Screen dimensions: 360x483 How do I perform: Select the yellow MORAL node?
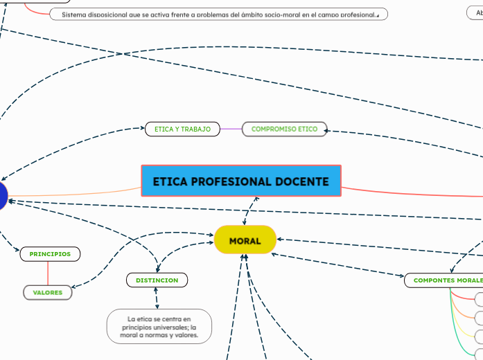[x=245, y=240]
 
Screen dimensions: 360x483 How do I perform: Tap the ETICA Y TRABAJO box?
[x=182, y=129]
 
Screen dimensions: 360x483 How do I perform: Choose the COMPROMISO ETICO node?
[x=284, y=129]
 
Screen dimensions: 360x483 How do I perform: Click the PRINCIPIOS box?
[x=50, y=254]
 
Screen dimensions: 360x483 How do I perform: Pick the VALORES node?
[x=48, y=292]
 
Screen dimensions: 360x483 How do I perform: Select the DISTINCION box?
[x=157, y=280]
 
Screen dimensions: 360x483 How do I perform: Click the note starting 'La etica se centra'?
[x=159, y=327]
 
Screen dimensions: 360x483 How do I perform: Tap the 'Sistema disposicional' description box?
[x=218, y=14]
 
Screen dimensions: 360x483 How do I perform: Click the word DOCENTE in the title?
[x=302, y=181]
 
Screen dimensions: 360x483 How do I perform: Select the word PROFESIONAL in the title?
[x=231, y=181]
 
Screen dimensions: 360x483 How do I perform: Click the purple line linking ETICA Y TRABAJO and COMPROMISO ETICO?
[x=231, y=129]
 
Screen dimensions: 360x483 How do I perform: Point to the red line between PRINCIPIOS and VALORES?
[x=48, y=273]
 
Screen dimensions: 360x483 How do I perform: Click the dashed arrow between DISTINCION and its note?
[x=157, y=298]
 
